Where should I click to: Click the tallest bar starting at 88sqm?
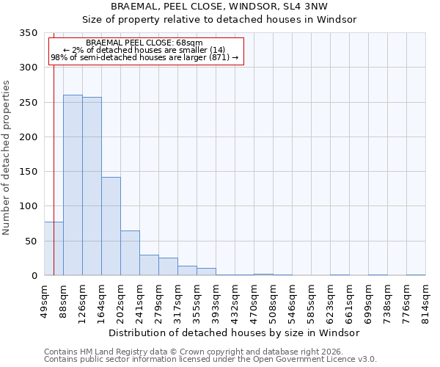pos(73,185)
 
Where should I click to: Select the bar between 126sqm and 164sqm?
pos(92,186)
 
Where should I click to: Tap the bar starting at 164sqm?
pos(111,226)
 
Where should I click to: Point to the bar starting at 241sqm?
pos(149,265)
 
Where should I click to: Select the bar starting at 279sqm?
pos(168,266)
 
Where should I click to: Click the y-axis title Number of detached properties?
pos(7,158)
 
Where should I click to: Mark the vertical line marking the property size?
pos(54,147)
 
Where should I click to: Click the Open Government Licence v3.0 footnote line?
pos(210,359)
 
